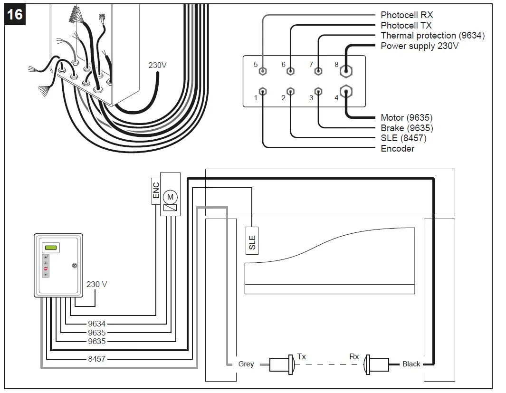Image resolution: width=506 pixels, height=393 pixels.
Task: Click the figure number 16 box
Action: point(15,14)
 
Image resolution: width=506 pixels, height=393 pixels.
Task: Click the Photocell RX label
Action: point(407,15)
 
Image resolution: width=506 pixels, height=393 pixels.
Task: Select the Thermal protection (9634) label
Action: point(432,36)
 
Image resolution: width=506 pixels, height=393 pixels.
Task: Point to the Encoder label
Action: point(398,149)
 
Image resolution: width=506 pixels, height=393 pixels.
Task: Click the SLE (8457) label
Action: point(403,138)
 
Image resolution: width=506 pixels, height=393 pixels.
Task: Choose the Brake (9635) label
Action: point(407,128)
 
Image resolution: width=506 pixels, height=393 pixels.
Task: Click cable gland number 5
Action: point(263,72)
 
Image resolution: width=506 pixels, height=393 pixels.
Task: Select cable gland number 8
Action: point(346,72)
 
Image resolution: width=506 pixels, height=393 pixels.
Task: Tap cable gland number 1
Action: point(263,91)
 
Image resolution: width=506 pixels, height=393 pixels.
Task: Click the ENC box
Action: point(156,191)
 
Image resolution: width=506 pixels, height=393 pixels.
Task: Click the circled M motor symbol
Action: point(170,196)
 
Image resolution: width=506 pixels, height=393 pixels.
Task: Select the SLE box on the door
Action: point(252,242)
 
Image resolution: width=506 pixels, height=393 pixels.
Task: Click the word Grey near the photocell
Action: point(246,364)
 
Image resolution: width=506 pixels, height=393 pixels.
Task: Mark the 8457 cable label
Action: point(96,359)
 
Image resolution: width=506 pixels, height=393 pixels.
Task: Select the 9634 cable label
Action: point(96,324)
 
